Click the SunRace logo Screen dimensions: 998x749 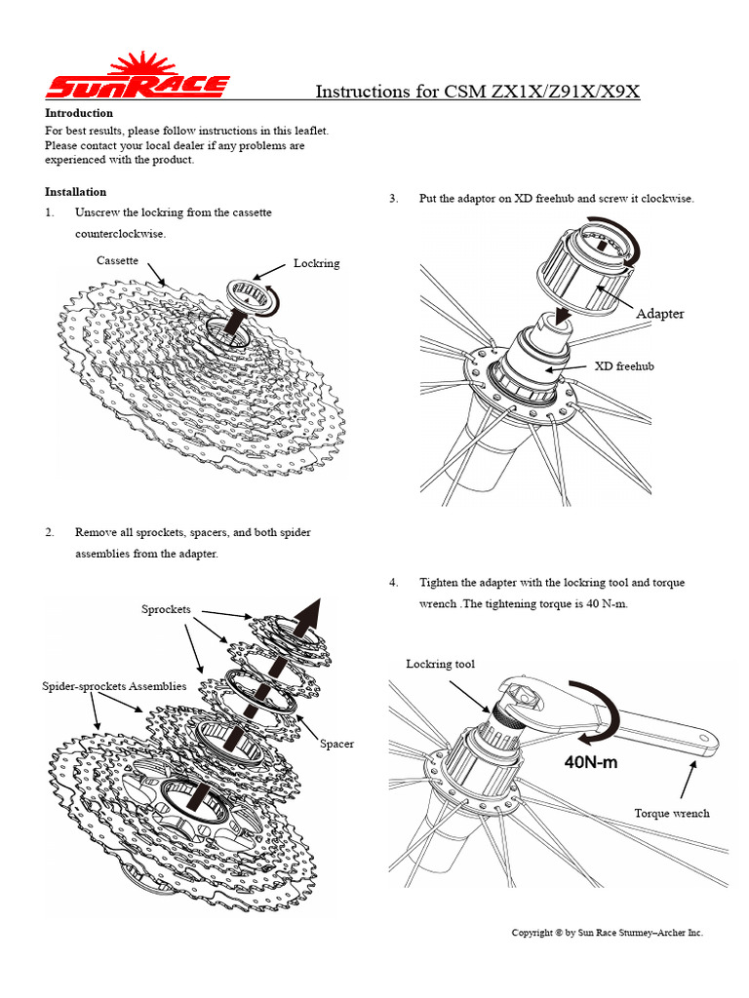click(x=137, y=78)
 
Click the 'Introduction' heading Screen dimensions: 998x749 click(x=79, y=113)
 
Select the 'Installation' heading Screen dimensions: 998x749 click(x=76, y=192)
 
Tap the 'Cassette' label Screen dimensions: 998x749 click(x=117, y=260)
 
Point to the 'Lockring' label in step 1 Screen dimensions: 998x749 click(x=317, y=263)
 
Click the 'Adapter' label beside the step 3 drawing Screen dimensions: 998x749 click(x=660, y=314)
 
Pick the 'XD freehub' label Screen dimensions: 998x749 click(x=624, y=366)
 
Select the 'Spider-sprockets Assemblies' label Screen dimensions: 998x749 click(x=114, y=686)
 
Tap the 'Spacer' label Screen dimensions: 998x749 click(x=337, y=744)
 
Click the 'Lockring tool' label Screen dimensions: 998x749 click(x=441, y=664)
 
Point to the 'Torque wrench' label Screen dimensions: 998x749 click(x=672, y=813)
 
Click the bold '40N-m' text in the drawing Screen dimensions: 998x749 click(x=591, y=762)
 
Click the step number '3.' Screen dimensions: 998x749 click(x=394, y=199)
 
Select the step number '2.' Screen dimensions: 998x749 click(x=50, y=532)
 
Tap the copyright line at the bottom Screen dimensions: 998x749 click(x=608, y=933)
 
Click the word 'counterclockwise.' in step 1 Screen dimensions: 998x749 click(x=121, y=234)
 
